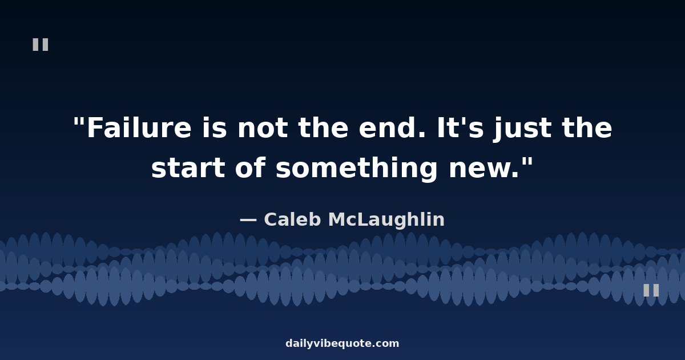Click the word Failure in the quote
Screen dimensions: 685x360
pyautogui.click(x=139, y=127)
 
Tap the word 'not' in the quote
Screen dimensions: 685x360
pyautogui.click(x=263, y=128)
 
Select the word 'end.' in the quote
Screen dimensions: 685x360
pyautogui.click(x=392, y=127)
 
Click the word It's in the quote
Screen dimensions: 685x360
pyautogui.click(x=460, y=127)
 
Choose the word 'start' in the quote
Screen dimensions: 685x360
pyautogui.click(x=188, y=168)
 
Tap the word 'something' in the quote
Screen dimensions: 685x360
pyautogui.click(x=357, y=169)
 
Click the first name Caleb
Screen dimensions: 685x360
pyautogui.click(x=292, y=219)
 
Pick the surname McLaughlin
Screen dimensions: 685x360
pyautogui.click(x=386, y=220)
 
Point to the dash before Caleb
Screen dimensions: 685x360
pyautogui.click(x=248, y=220)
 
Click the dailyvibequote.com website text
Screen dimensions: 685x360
pyautogui.click(x=342, y=343)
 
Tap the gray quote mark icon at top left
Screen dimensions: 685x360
pyautogui.click(x=41, y=45)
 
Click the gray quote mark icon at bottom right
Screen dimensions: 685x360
pyautogui.click(x=651, y=290)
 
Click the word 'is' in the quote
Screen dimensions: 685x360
pyautogui.click(x=215, y=127)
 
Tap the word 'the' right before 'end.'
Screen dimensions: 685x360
pyautogui.click(x=323, y=127)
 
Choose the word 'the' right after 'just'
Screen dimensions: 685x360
pyautogui.click(x=587, y=127)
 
